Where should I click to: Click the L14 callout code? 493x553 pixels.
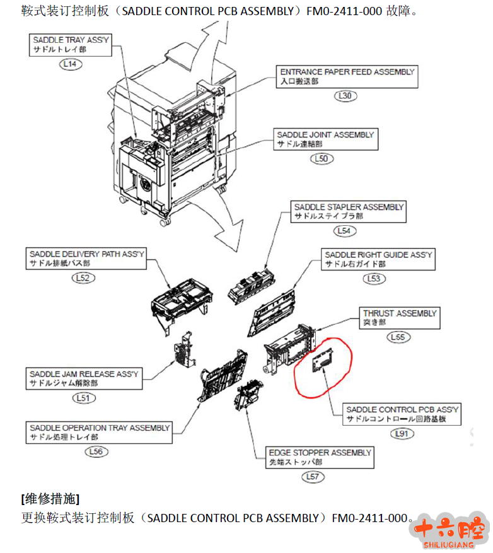pyautogui.click(x=71, y=64)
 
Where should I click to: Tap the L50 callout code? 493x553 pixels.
pyautogui.click(x=322, y=159)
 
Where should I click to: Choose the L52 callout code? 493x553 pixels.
pyautogui.click(x=84, y=277)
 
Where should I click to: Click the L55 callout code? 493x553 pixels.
pyautogui.click(x=398, y=337)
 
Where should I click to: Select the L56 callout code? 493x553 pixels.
pyautogui.click(x=96, y=451)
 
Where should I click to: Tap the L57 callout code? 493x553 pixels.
pyautogui.click(x=313, y=477)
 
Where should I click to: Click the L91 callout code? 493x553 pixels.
pyautogui.click(x=402, y=434)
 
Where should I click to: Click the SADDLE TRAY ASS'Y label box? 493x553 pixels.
pyautogui.click(x=71, y=44)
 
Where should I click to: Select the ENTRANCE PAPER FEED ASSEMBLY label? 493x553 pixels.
pyautogui.click(x=347, y=76)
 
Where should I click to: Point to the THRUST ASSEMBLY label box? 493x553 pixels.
pyautogui.click(x=399, y=317)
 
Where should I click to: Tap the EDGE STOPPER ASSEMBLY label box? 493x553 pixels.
pyautogui.click(x=320, y=457)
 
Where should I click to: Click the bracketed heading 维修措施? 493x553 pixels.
pyautogui.click(x=50, y=499)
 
